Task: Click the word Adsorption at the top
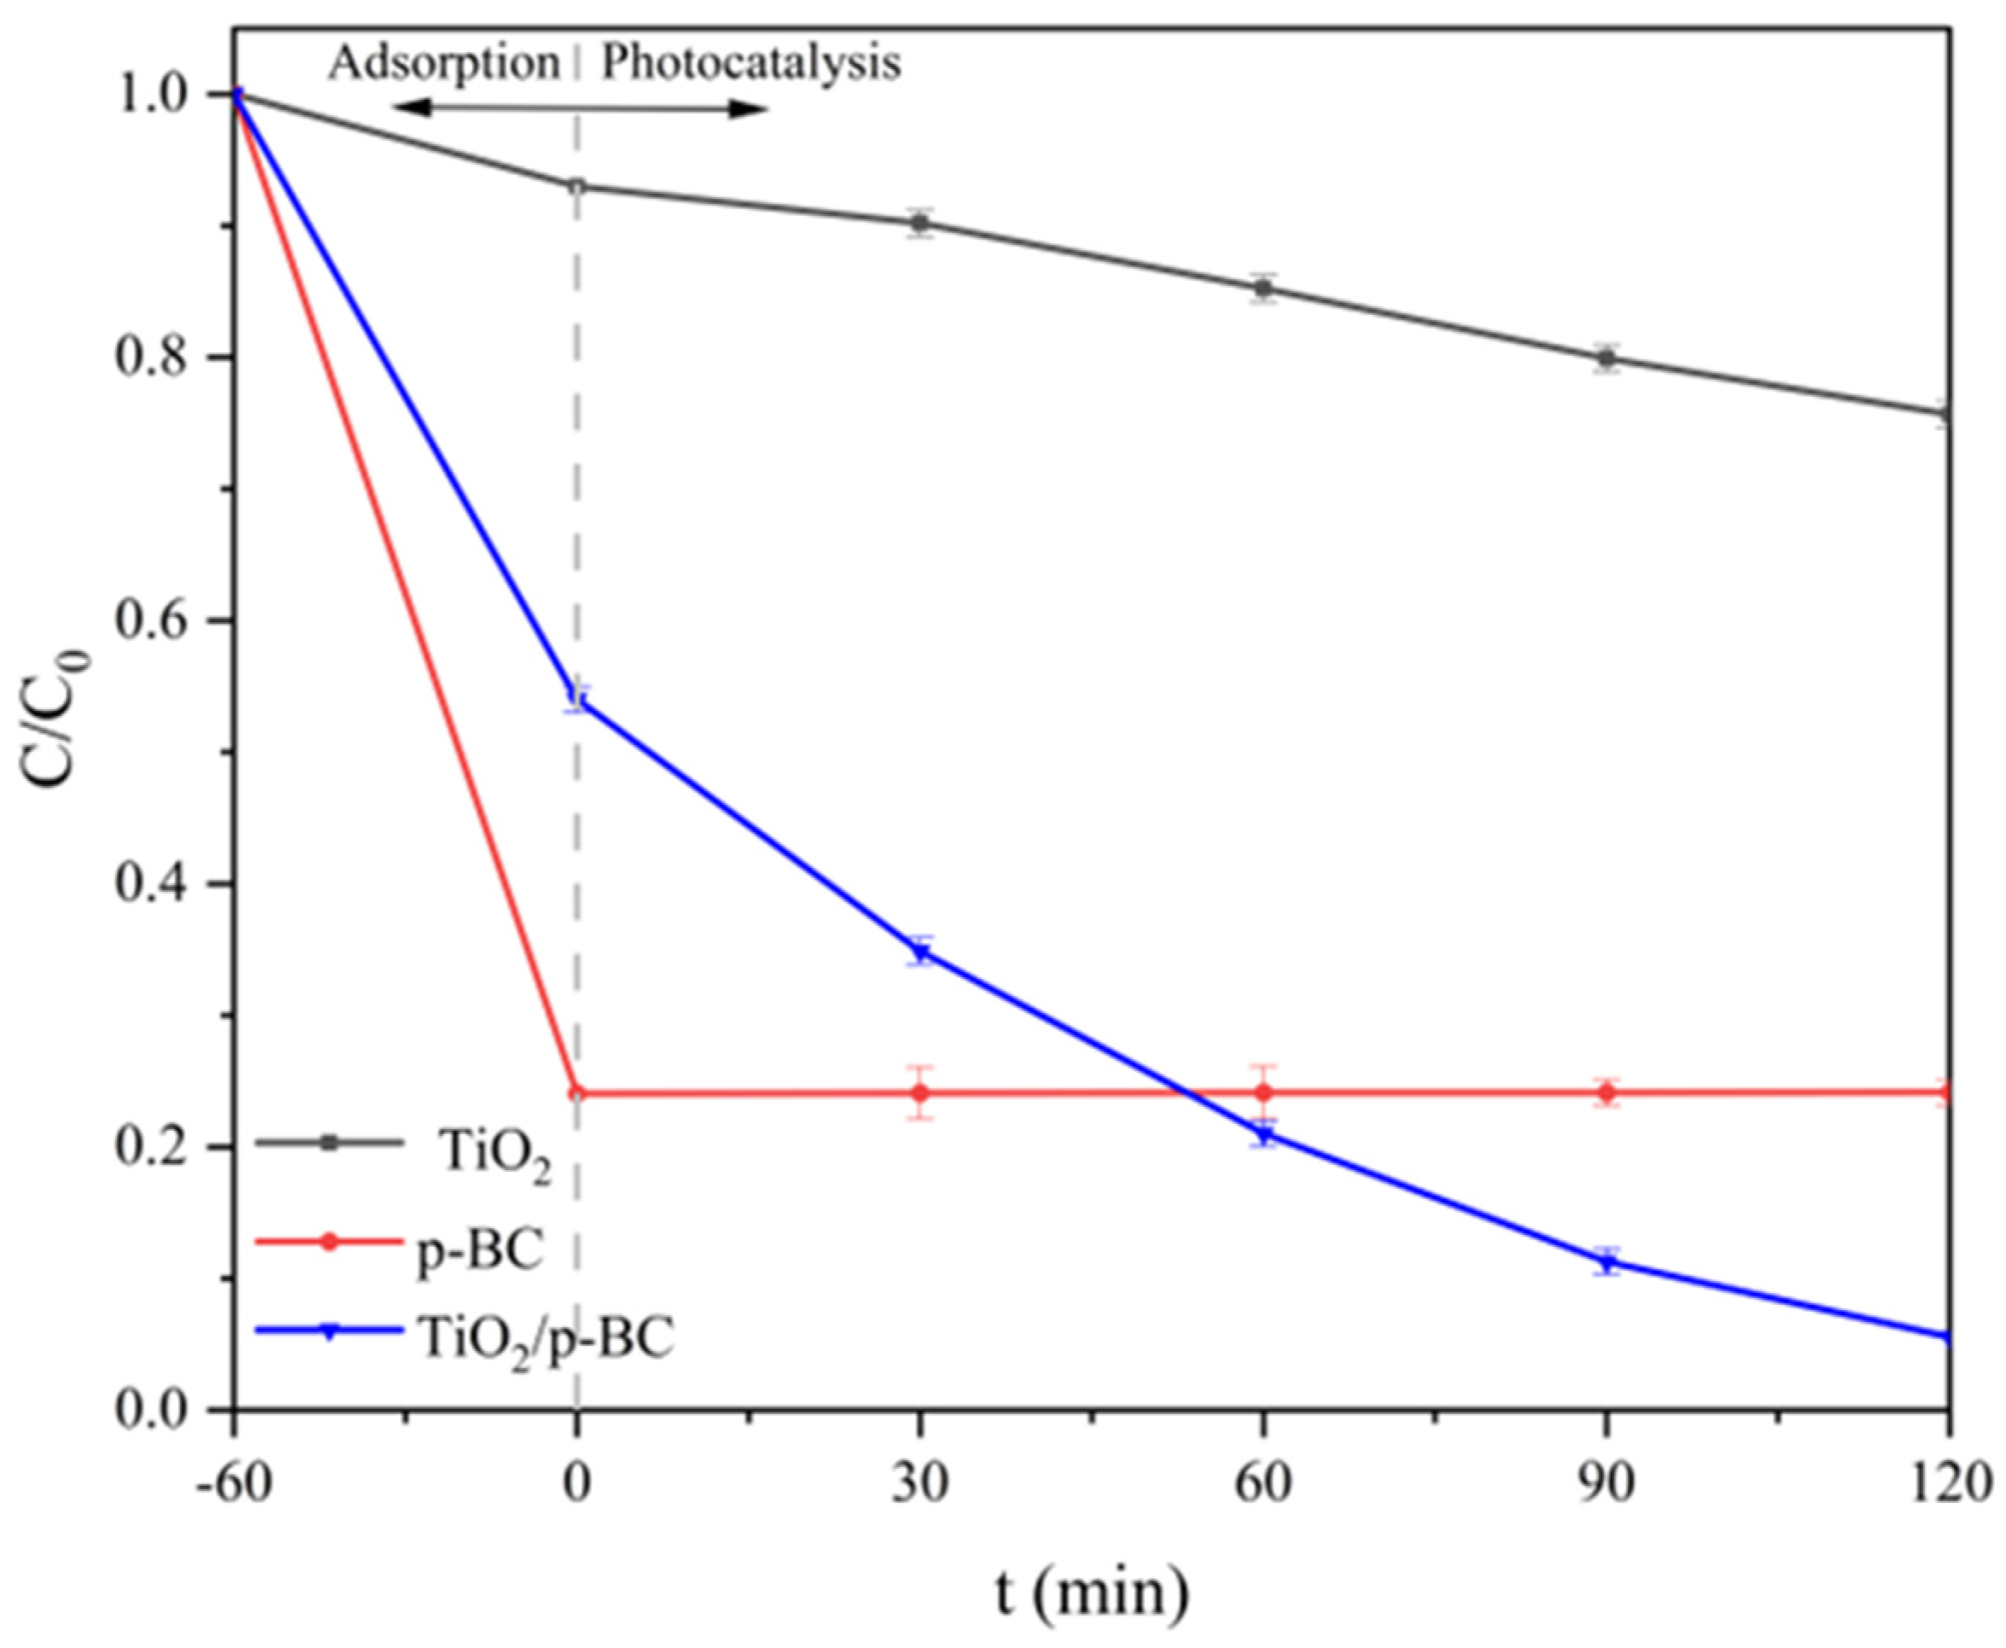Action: point(444,65)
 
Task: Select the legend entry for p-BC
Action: point(480,1250)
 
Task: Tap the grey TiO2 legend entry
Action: point(494,1157)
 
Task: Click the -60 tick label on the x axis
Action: point(231,1482)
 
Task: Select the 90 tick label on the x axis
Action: point(1607,1482)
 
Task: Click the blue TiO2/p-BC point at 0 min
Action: point(576,701)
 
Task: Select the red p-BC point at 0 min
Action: point(576,1092)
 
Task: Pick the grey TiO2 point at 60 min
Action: point(1262,288)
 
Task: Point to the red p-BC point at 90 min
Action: point(1607,1092)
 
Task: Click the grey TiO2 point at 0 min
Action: point(576,186)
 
